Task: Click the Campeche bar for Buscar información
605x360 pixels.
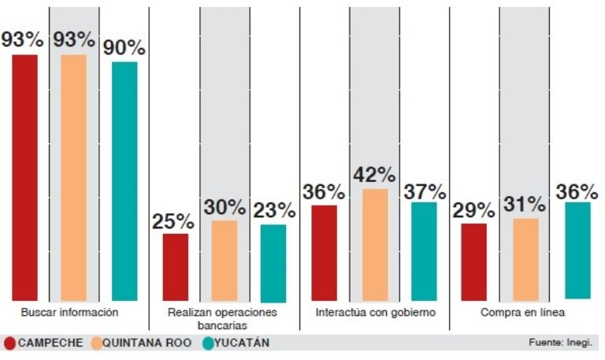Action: point(24,177)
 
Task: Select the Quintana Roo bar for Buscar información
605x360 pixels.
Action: point(73,177)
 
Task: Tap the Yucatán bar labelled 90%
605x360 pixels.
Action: point(124,181)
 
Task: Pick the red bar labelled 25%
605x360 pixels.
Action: point(175,268)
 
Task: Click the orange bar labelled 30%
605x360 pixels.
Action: point(225,262)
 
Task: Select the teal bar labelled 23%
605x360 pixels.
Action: point(273,263)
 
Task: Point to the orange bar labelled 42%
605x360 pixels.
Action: point(375,245)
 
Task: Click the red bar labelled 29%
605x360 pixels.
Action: point(473,262)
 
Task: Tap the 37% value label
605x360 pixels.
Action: point(424,191)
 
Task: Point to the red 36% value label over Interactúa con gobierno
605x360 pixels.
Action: point(324,192)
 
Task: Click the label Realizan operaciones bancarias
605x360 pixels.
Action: point(225,318)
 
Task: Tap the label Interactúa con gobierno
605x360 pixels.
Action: point(375,312)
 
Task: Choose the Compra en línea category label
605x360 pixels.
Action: point(523,312)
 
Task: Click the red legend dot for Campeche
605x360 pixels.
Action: point(9,343)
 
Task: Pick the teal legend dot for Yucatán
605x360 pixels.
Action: point(209,343)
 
